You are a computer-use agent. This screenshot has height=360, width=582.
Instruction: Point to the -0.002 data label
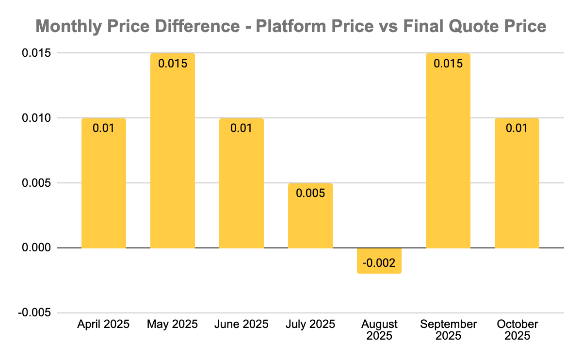point(379,263)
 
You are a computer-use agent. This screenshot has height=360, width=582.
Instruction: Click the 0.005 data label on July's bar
point(310,193)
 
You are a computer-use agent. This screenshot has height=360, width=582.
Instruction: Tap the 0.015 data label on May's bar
point(172,63)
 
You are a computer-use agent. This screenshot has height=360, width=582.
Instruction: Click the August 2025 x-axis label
point(379,330)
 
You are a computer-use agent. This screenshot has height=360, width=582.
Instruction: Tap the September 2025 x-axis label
point(448,330)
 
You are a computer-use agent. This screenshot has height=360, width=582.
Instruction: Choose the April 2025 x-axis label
point(103,324)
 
